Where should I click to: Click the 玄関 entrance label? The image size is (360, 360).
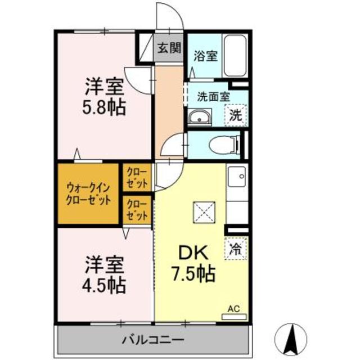169,48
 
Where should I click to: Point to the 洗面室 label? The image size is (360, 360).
213,96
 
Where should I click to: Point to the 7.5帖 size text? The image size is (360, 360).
193,274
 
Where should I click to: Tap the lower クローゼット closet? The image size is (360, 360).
137,210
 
